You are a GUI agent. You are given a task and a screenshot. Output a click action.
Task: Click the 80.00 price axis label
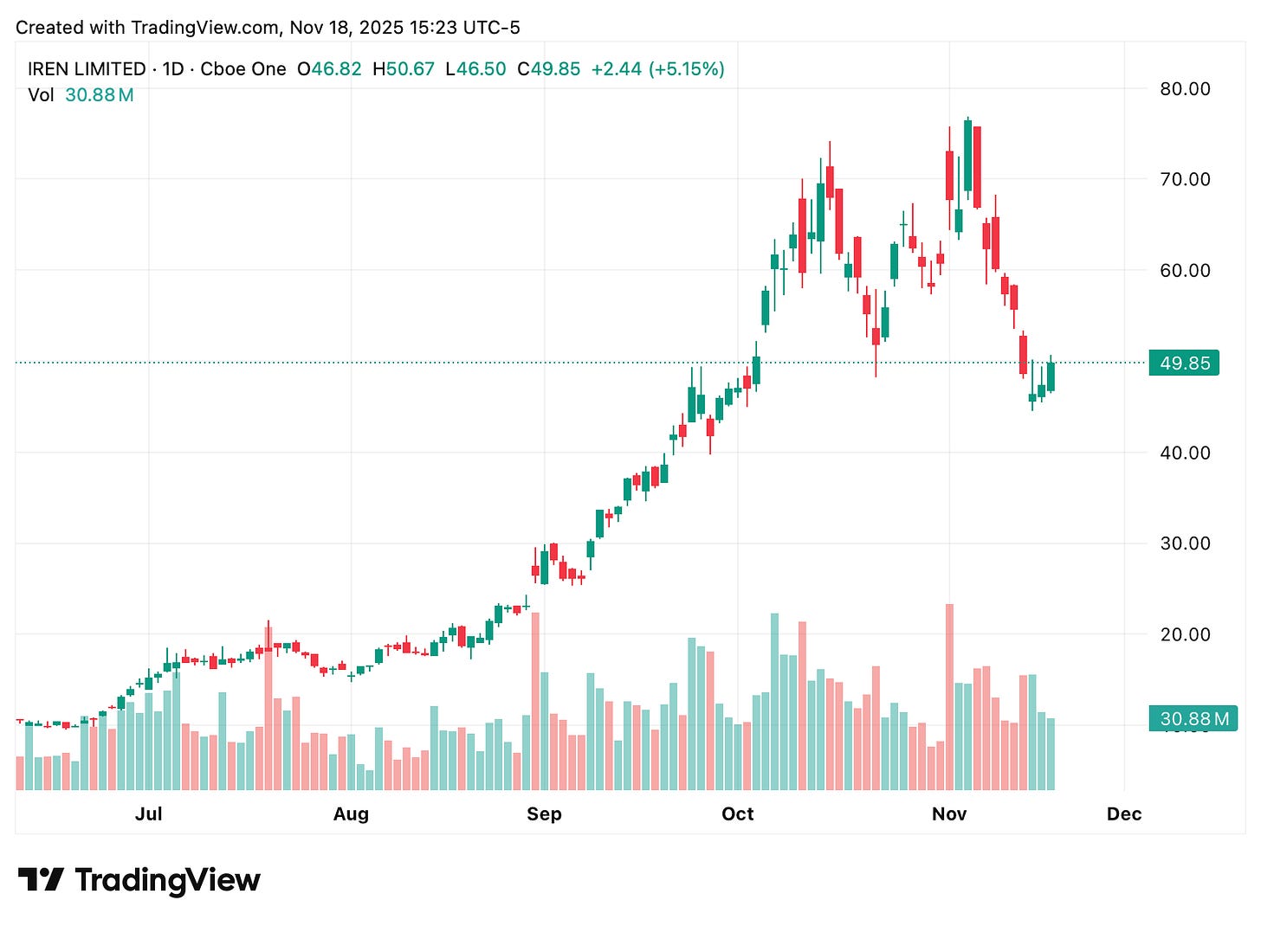(x=1185, y=88)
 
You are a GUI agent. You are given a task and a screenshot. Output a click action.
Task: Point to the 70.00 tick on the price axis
(x=1185, y=179)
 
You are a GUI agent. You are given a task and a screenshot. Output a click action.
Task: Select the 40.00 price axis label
(x=1185, y=453)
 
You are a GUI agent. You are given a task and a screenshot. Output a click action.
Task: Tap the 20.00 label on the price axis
(x=1185, y=634)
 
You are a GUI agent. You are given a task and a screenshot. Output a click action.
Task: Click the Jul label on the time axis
(x=149, y=813)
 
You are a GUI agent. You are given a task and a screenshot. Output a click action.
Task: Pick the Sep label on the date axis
(x=544, y=813)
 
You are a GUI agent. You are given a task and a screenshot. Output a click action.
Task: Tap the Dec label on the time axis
(x=1124, y=813)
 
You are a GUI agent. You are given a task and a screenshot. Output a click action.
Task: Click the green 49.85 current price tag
(x=1184, y=363)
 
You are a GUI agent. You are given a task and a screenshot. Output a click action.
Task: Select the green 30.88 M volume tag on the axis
(x=1193, y=718)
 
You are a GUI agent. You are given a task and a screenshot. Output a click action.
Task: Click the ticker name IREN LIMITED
(x=87, y=69)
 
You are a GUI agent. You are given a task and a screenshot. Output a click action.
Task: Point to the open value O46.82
(x=329, y=69)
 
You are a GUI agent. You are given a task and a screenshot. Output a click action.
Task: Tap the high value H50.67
(x=404, y=69)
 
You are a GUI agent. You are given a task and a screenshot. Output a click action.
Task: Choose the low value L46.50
(x=475, y=69)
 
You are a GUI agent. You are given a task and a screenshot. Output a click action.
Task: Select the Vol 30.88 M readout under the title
(x=81, y=95)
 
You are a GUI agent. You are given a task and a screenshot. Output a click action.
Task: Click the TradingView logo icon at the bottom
(x=41, y=879)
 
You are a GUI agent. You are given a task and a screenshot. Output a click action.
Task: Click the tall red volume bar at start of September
(x=535, y=701)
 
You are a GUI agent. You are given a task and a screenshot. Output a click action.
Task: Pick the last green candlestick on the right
(x=1051, y=376)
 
